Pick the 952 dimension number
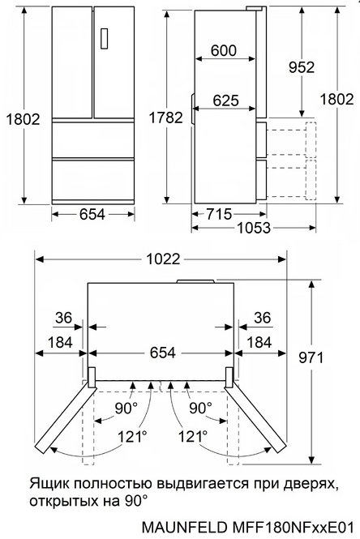pyautogui.click(x=301, y=67)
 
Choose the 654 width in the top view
pyautogui.click(x=161, y=353)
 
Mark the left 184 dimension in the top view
pyautogui.click(x=59, y=343)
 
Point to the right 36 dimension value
pyautogui.click(x=262, y=318)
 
